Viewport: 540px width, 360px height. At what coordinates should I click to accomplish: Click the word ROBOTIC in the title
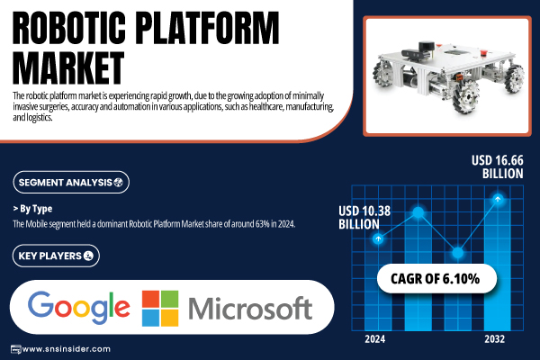[69, 28]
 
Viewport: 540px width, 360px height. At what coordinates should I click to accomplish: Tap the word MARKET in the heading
[68, 67]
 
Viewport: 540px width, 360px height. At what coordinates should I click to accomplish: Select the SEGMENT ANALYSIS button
[71, 182]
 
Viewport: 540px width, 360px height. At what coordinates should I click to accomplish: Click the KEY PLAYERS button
[56, 256]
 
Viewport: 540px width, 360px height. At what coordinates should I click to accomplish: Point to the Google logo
[79, 308]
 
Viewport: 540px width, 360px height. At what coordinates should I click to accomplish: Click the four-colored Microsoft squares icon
[160, 309]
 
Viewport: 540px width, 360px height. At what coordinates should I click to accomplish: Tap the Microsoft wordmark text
[250, 309]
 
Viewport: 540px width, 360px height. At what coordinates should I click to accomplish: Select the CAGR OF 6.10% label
[435, 279]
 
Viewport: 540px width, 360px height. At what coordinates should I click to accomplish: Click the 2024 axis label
[374, 339]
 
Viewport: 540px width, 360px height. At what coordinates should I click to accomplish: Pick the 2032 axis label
[494, 339]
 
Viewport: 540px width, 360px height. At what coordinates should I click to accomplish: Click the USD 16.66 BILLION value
[498, 167]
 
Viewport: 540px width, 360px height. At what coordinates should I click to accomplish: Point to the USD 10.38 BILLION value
[364, 218]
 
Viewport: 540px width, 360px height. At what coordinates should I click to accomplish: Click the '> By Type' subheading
[32, 209]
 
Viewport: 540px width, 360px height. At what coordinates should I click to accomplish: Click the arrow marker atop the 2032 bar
[498, 199]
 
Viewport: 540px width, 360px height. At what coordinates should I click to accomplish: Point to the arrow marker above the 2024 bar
[378, 238]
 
